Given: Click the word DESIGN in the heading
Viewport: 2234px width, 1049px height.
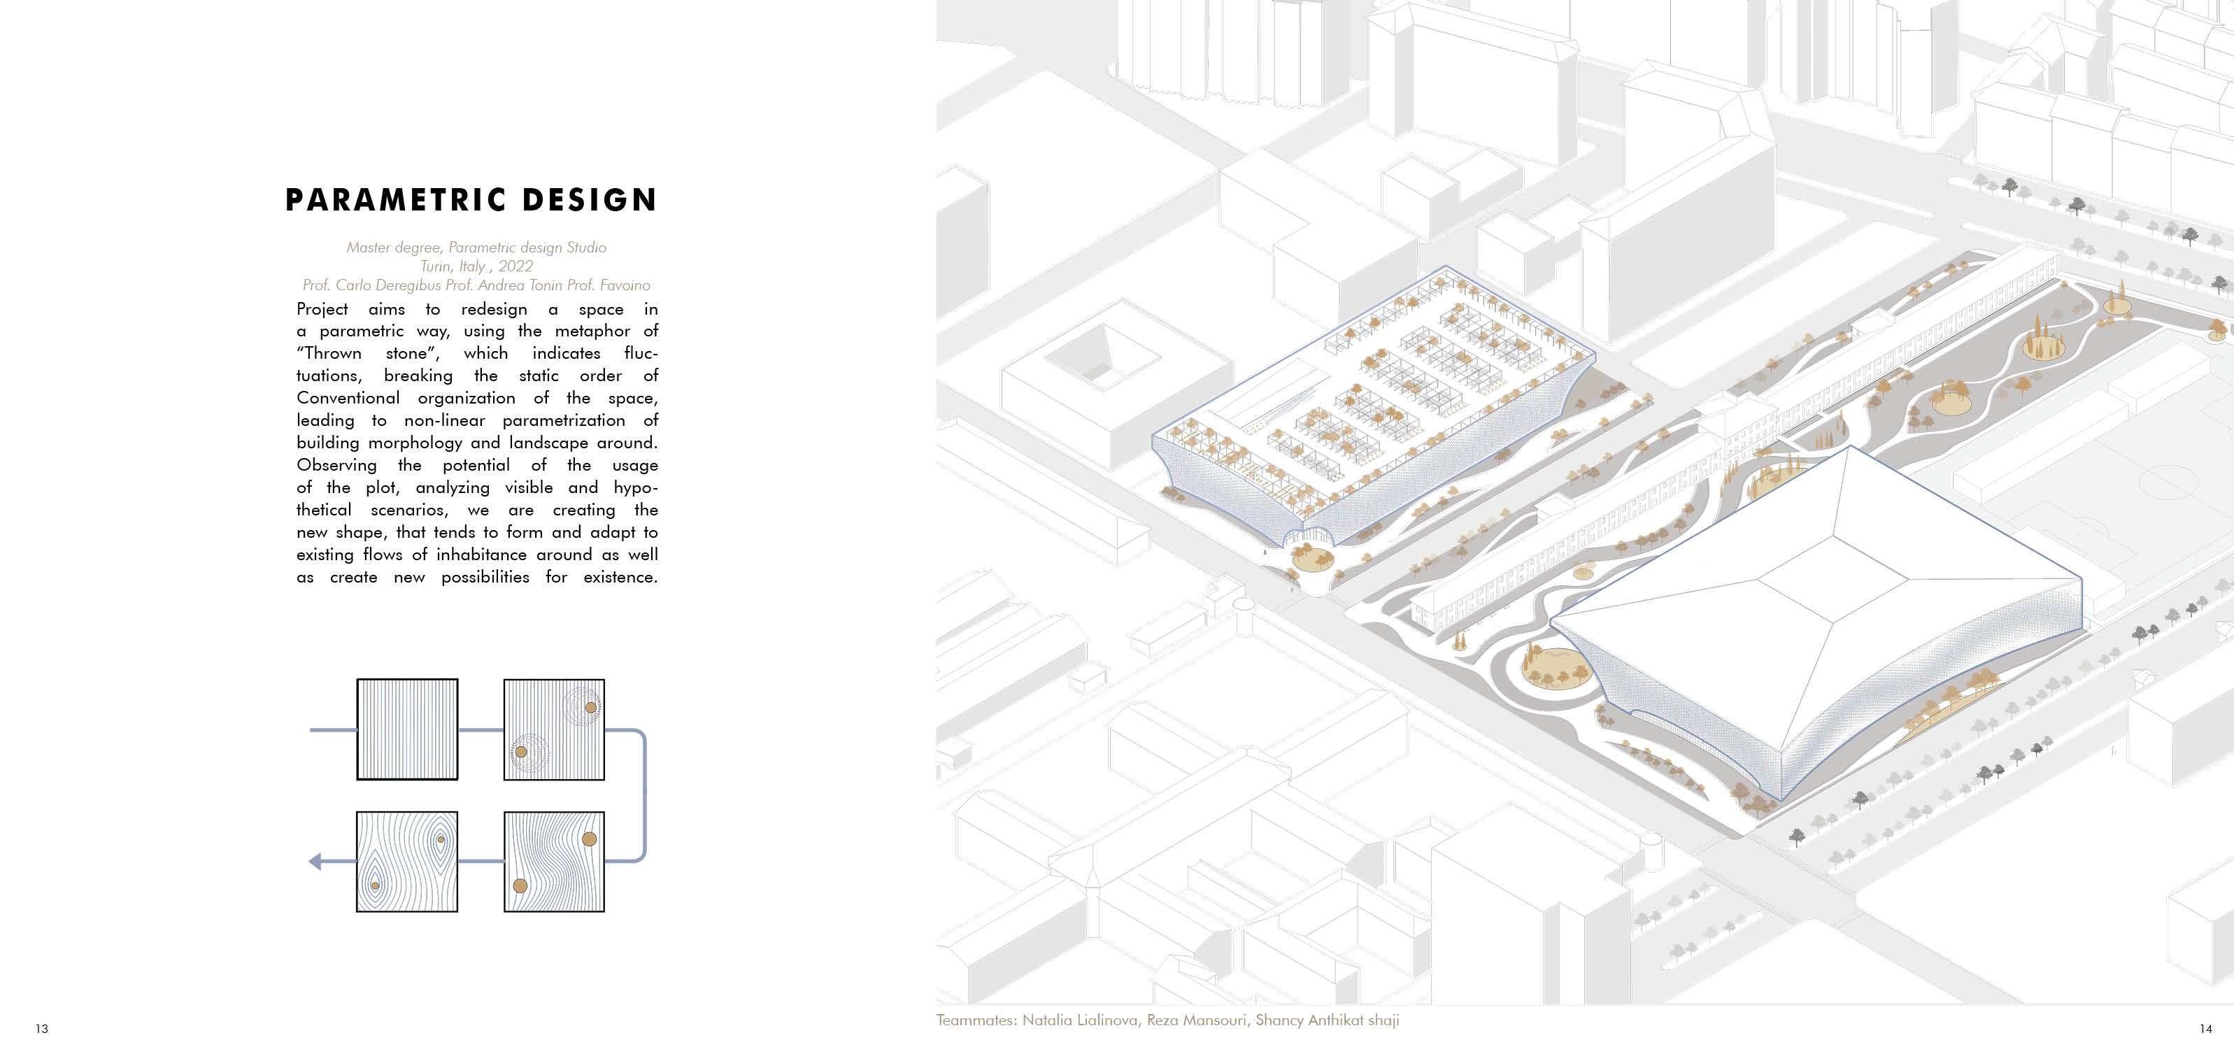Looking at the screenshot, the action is pos(589,200).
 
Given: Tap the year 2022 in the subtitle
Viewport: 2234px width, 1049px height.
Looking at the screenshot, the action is pos(515,266).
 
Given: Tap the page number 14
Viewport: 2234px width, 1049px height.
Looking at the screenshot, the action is pos(2205,1029).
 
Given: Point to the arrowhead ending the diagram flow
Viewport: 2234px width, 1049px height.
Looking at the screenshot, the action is pos(315,862).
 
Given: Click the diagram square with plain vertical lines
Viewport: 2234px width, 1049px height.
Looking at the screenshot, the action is pos(407,730).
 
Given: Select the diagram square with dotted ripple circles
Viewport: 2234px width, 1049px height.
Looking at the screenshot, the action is pos(554,730).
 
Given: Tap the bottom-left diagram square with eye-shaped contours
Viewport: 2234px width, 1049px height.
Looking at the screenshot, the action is pos(407,862).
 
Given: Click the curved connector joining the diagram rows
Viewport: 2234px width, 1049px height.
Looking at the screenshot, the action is pos(643,796).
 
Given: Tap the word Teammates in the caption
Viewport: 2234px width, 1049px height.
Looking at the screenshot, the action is pos(975,1020).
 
